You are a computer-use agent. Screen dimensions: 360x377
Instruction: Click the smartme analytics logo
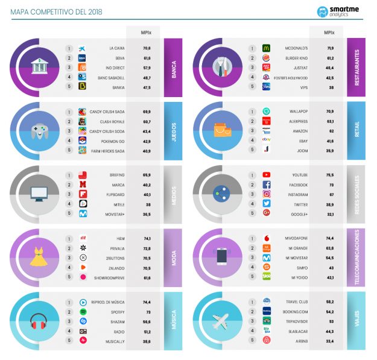coord(339,11)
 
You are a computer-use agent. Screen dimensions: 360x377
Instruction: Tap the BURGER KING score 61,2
coord(329,58)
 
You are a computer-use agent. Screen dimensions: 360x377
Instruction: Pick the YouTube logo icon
coord(266,175)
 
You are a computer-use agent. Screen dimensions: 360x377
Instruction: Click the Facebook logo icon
coord(266,185)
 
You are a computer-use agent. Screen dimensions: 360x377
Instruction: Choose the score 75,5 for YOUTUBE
coord(329,175)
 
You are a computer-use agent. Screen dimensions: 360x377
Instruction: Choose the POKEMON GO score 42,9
coord(147,141)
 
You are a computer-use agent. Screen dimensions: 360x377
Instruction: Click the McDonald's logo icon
coord(266,49)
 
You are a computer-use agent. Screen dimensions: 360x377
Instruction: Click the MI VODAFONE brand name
coord(300,238)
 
